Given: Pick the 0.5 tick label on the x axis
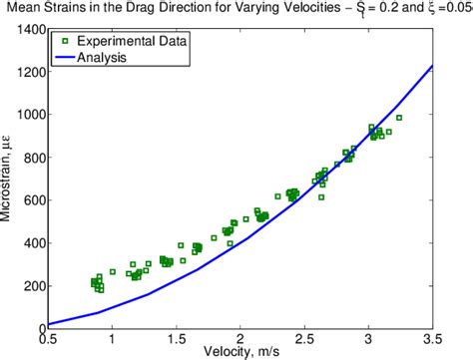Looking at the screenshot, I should click(x=48, y=337).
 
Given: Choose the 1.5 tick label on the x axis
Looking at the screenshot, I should click(x=176, y=337).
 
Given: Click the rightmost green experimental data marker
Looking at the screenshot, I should click(x=399, y=118).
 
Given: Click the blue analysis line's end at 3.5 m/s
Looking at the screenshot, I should click(x=432, y=67).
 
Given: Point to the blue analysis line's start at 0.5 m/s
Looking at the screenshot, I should click(x=49, y=324).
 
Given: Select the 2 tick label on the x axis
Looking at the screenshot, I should click(x=240, y=337).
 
